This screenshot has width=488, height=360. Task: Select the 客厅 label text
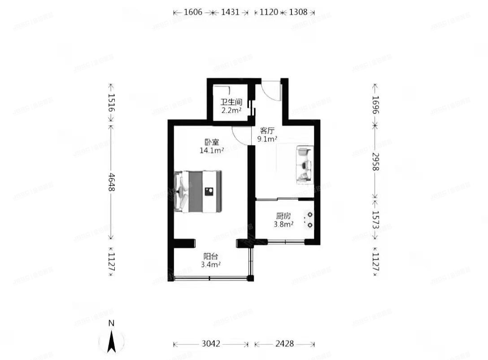(x=267, y=131)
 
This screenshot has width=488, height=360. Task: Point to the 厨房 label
(x=283, y=216)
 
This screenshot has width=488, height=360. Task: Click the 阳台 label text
(x=211, y=257)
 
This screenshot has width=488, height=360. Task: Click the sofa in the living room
(x=304, y=165)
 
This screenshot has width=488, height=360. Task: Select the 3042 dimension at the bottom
(x=211, y=344)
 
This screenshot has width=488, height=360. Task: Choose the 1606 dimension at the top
(x=193, y=13)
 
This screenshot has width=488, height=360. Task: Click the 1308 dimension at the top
(x=298, y=13)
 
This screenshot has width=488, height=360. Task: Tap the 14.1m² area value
(x=212, y=151)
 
